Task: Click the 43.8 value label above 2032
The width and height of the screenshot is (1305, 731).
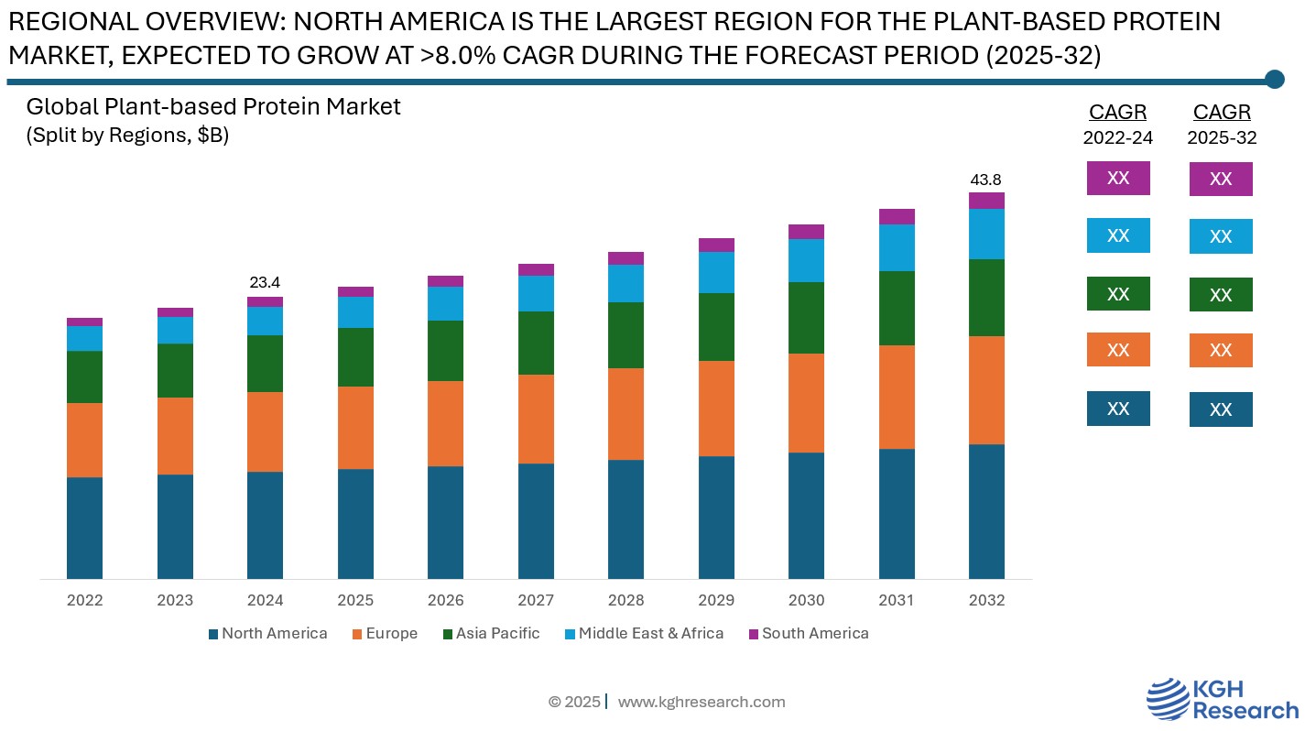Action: click(x=986, y=180)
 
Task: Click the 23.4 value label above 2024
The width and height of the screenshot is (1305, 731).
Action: click(x=265, y=283)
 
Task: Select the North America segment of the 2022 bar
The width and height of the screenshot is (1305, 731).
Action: click(x=85, y=528)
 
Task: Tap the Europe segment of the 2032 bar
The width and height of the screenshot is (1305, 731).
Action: click(x=986, y=390)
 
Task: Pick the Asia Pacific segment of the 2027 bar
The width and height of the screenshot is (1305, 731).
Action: click(x=536, y=343)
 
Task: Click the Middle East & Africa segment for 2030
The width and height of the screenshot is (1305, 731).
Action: click(x=806, y=260)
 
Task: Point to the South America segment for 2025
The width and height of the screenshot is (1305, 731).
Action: click(x=355, y=291)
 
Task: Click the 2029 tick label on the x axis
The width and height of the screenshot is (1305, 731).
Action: click(x=716, y=601)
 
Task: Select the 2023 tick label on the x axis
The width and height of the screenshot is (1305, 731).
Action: click(x=175, y=601)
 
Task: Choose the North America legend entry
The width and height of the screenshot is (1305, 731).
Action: click(x=267, y=634)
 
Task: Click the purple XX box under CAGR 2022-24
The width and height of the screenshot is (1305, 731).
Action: click(x=1118, y=179)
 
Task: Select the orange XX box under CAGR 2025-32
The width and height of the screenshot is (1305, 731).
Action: click(x=1221, y=351)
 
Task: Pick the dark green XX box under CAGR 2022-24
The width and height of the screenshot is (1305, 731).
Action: click(x=1118, y=294)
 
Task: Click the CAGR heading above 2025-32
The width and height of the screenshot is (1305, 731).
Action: click(x=1222, y=113)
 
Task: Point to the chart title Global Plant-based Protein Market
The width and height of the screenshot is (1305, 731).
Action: click(x=213, y=107)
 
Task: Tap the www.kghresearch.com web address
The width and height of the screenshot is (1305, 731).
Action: click(x=701, y=703)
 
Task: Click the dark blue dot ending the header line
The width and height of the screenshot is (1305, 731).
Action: click(x=1274, y=80)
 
